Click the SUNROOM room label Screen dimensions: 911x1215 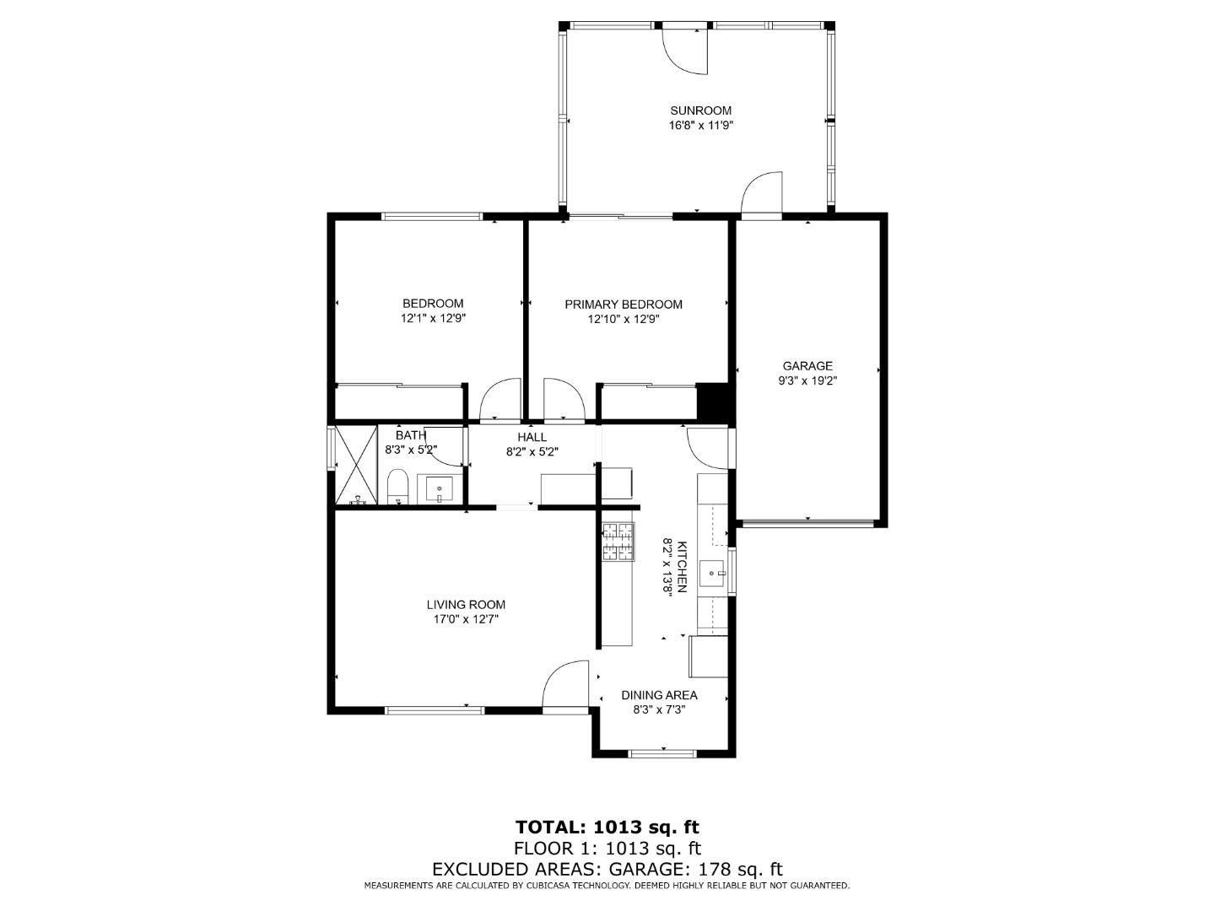coord(700,111)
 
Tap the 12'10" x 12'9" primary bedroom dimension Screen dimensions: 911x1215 coord(623,320)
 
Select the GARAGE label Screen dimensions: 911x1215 coord(807,366)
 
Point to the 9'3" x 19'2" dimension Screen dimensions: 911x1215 coord(807,381)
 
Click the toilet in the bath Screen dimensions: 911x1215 coord(397,488)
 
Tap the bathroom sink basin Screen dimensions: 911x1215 coord(439,489)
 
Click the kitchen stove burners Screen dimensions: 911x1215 coord(618,542)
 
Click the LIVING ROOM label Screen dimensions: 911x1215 coord(466,604)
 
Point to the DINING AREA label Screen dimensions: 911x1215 coord(659,695)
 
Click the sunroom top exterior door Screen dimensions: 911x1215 coord(683,49)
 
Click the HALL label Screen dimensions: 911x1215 coord(532,437)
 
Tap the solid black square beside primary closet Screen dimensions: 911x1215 coord(714,402)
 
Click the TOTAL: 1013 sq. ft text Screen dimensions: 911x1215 coord(607,827)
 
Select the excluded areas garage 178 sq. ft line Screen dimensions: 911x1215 coord(607,869)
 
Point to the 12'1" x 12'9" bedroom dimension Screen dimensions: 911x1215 coord(433,319)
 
